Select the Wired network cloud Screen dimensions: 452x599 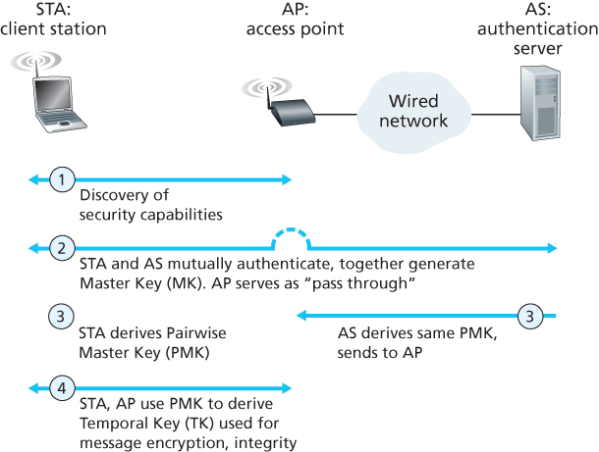417,111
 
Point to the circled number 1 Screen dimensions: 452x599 62,179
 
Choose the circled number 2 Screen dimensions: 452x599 62,248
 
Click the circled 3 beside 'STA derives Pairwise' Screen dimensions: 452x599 62,316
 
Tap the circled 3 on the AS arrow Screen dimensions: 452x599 529,316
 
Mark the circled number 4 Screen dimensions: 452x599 62,389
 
